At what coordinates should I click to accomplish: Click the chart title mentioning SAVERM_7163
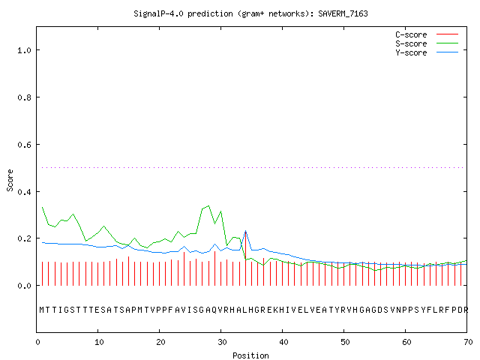[250, 13]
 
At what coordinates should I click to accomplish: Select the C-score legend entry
[427, 34]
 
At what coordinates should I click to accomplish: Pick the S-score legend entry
[427, 43]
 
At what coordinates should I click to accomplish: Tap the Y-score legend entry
[427, 52]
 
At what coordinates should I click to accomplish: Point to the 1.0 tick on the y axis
[24, 50]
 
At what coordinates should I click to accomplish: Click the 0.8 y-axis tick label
[24, 97]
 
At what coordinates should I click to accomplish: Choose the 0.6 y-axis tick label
[24, 145]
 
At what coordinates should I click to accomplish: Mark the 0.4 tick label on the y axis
[24, 192]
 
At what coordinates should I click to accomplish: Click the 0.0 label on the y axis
[24, 286]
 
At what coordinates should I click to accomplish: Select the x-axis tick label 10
[99, 342]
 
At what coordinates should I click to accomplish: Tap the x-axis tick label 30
[222, 342]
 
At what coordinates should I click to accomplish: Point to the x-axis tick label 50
[345, 342]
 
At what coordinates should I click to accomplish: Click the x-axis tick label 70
[468, 342]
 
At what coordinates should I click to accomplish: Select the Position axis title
[250, 355]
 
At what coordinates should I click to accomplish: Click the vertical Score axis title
[10, 180]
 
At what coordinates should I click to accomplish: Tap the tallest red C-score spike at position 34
[245, 259]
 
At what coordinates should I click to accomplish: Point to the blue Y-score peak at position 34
[245, 231]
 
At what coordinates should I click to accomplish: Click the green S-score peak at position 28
[208, 205]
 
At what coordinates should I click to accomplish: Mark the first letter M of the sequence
[42, 310]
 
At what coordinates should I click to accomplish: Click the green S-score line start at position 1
[42, 207]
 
